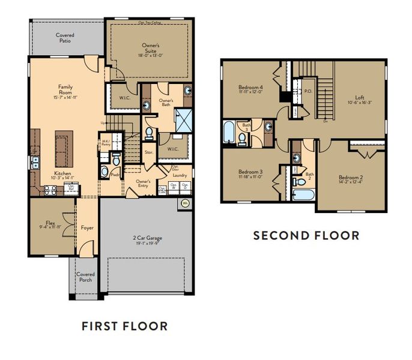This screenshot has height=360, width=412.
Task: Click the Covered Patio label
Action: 65,38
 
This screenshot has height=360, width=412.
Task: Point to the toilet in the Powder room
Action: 105,172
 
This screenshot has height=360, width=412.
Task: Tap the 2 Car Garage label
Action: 147,238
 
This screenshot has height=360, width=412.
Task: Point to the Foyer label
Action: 87,228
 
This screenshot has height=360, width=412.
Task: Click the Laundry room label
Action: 180,176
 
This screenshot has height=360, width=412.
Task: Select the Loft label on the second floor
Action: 360,97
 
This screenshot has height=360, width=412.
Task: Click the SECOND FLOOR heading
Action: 306,235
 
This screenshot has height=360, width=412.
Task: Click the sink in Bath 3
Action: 268,127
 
